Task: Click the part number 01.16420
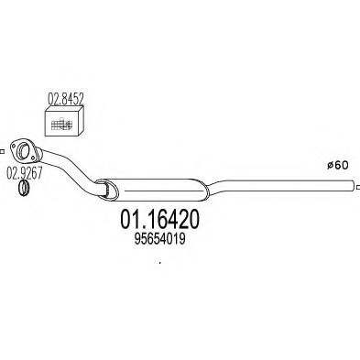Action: (x=160, y=220)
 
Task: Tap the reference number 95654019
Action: (x=160, y=239)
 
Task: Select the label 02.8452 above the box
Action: (x=65, y=99)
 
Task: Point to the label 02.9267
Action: (x=24, y=173)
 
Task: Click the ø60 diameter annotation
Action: (x=337, y=165)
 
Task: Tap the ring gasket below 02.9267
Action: (x=24, y=188)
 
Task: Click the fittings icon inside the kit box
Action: (x=61, y=124)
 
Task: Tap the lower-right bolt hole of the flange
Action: (x=32, y=158)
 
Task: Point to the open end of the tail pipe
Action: (x=354, y=186)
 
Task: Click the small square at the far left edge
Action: (x=2, y=151)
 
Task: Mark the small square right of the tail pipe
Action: (x=358, y=187)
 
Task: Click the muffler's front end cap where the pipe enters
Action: (x=106, y=190)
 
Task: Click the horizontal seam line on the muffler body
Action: (x=164, y=191)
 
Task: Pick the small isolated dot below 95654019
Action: (x=160, y=262)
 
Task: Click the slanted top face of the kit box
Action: (x=65, y=109)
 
